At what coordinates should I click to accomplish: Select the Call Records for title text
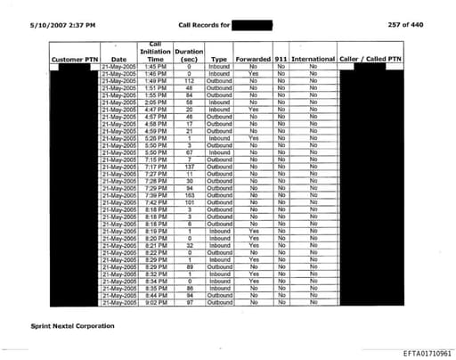click(203, 24)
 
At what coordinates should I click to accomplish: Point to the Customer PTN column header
click(74, 59)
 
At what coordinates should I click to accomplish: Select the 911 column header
click(281, 59)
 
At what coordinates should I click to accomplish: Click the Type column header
click(219, 59)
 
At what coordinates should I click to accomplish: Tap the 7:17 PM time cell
click(154, 167)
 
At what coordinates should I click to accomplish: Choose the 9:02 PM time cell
click(154, 304)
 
